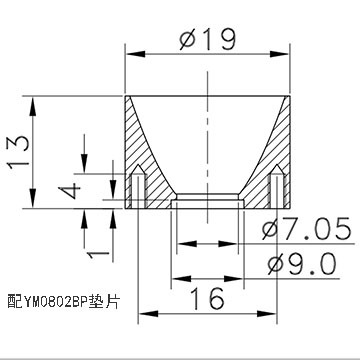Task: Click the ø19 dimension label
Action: (x=208, y=39)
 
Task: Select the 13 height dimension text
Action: (x=19, y=152)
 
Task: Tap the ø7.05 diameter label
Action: (x=307, y=229)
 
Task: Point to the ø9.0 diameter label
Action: (x=302, y=264)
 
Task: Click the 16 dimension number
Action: (x=207, y=298)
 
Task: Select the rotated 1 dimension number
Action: (x=98, y=255)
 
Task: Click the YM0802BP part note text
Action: (x=63, y=302)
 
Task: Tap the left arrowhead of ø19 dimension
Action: (x=135, y=54)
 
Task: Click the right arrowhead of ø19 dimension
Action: (x=280, y=54)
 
